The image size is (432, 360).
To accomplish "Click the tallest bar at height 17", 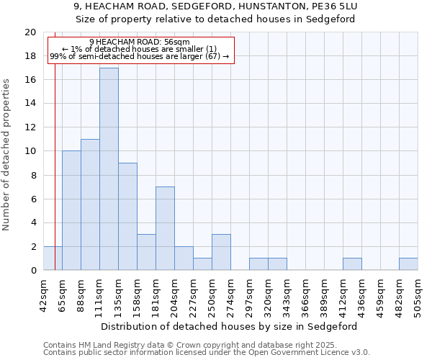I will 109,169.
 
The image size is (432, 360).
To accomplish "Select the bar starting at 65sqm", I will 71,210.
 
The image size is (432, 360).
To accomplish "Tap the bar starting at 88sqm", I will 90,204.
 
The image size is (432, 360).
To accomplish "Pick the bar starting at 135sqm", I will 127,217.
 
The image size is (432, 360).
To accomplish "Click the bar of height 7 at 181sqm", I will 165,228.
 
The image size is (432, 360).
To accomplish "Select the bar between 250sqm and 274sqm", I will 221,252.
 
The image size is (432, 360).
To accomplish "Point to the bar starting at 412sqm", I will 352,264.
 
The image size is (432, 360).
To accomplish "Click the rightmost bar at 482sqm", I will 408,264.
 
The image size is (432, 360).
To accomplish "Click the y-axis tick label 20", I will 30,32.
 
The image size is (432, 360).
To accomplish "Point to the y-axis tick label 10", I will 30,151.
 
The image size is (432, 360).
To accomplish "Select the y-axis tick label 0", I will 32,270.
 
